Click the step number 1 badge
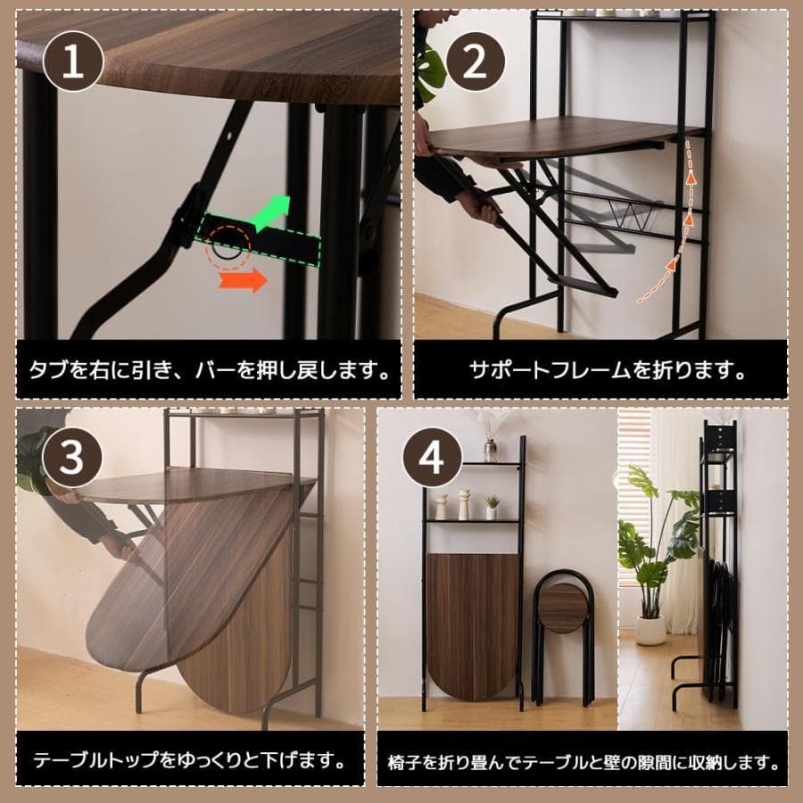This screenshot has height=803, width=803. (x=72, y=60)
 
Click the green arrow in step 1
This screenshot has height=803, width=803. (x=273, y=211)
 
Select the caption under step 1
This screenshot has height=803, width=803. (x=208, y=368)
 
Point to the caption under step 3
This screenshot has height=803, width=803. (x=189, y=761)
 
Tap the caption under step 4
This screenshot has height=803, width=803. (x=584, y=763)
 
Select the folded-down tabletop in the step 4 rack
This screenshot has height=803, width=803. (x=472, y=625)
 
